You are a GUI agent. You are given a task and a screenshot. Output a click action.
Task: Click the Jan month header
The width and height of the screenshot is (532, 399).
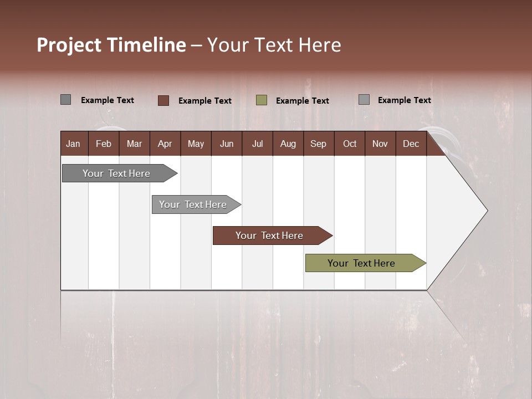click(74, 144)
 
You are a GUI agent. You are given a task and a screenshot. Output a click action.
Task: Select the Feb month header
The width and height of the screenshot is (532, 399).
click(104, 144)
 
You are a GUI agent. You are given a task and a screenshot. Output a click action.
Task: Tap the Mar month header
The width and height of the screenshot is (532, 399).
click(134, 144)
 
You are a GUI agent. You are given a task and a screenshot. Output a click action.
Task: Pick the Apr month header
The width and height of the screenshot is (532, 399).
click(165, 144)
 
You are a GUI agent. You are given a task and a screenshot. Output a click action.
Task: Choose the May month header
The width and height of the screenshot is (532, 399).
click(196, 144)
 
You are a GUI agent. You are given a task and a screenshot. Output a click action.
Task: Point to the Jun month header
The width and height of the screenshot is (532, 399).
click(227, 144)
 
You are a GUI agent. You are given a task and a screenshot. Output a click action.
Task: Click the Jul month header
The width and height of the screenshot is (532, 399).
click(257, 144)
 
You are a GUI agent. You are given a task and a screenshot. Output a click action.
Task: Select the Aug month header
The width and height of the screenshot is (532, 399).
click(288, 144)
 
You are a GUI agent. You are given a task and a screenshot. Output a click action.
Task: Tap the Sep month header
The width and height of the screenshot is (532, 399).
click(319, 144)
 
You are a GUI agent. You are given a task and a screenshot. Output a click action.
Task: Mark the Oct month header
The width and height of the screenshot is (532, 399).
click(350, 144)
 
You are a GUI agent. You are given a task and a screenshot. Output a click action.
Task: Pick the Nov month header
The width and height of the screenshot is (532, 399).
click(380, 144)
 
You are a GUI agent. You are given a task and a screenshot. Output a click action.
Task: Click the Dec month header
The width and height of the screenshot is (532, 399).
click(411, 144)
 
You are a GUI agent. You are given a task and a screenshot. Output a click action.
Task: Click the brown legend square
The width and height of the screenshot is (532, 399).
click(163, 100)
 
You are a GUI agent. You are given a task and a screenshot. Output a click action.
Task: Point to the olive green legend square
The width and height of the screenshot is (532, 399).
click(262, 100)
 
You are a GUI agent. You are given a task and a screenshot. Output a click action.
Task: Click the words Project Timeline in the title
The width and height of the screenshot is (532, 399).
click(111, 45)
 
